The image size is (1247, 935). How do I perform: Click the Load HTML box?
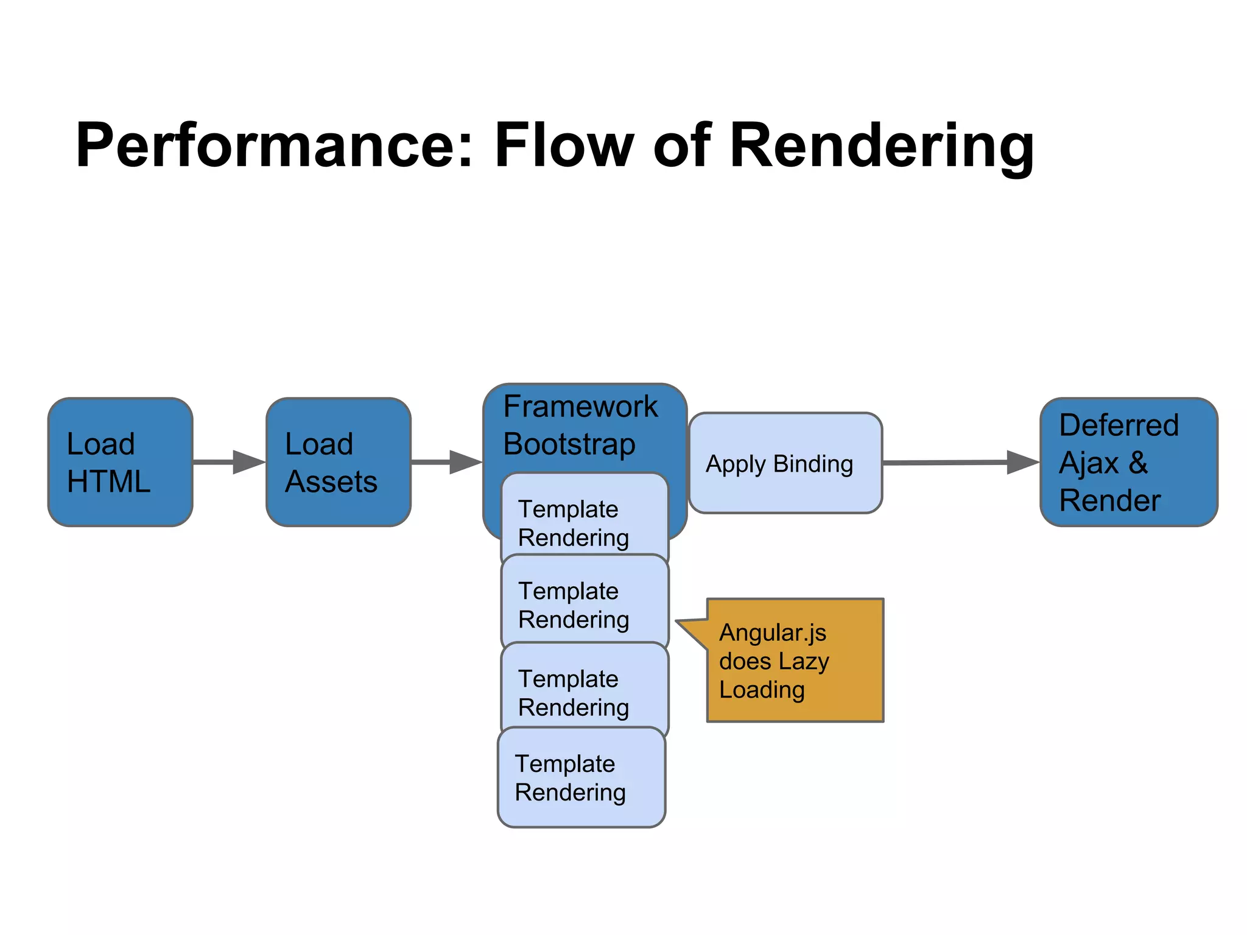pyautogui.click(x=120, y=462)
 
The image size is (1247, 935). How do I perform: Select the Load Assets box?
pyautogui.click(x=338, y=462)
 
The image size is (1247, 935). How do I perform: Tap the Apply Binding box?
pyautogui.click(x=785, y=463)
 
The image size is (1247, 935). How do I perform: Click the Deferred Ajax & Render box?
pyautogui.click(x=1128, y=462)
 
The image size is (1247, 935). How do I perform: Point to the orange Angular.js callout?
pyautogui.click(x=795, y=660)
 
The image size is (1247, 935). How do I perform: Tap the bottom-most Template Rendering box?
pyautogui.click(x=581, y=777)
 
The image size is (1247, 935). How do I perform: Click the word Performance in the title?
pyautogui.click(x=274, y=146)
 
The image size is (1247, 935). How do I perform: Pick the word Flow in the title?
pyautogui.click(x=564, y=146)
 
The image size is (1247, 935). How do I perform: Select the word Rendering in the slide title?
pyautogui.click(x=881, y=146)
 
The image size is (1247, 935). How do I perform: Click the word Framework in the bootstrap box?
pyautogui.click(x=580, y=407)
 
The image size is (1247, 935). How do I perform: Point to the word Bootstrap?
pyautogui.click(x=569, y=444)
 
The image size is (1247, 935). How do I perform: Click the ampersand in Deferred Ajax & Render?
pyautogui.click(x=1137, y=463)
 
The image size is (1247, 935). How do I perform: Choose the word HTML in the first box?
pyautogui.click(x=108, y=482)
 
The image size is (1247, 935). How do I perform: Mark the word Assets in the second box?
pyautogui.click(x=331, y=482)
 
